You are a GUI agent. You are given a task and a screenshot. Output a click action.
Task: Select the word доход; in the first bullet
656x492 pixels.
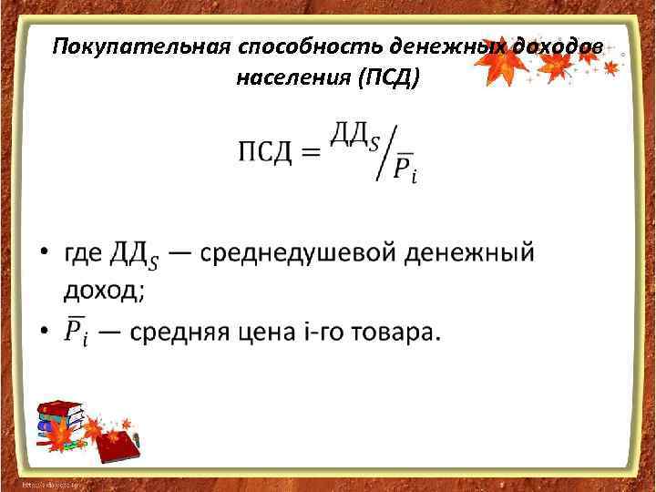coord(104,290)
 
